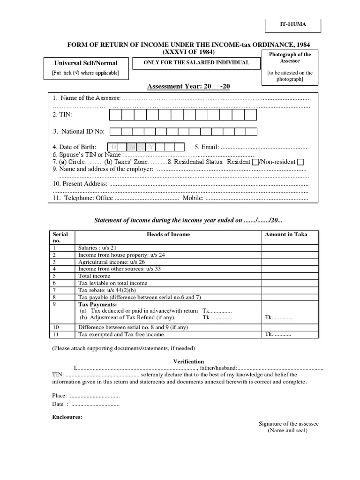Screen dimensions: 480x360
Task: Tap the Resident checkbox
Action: click(x=255, y=162)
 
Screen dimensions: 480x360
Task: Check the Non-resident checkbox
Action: click(x=300, y=162)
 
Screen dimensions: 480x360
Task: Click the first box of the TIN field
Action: click(x=116, y=115)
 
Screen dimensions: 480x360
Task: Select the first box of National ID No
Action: click(x=116, y=132)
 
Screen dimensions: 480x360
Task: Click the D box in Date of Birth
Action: click(x=114, y=147)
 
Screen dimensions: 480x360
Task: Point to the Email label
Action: click(x=206, y=147)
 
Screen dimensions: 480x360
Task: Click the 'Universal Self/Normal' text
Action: click(x=86, y=63)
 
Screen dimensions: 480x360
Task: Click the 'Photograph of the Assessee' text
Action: click(x=290, y=58)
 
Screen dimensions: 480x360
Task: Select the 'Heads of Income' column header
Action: click(x=168, y=234)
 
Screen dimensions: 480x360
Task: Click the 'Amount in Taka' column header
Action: click(x=286, y=234)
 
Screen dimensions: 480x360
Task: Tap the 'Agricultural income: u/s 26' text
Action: click(x=112, y=262)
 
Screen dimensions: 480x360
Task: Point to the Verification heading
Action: click(x=188, y=361)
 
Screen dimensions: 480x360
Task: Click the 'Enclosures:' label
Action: click(x=67, y=417)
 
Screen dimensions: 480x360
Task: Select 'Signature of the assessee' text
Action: click(x=288, y=424)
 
